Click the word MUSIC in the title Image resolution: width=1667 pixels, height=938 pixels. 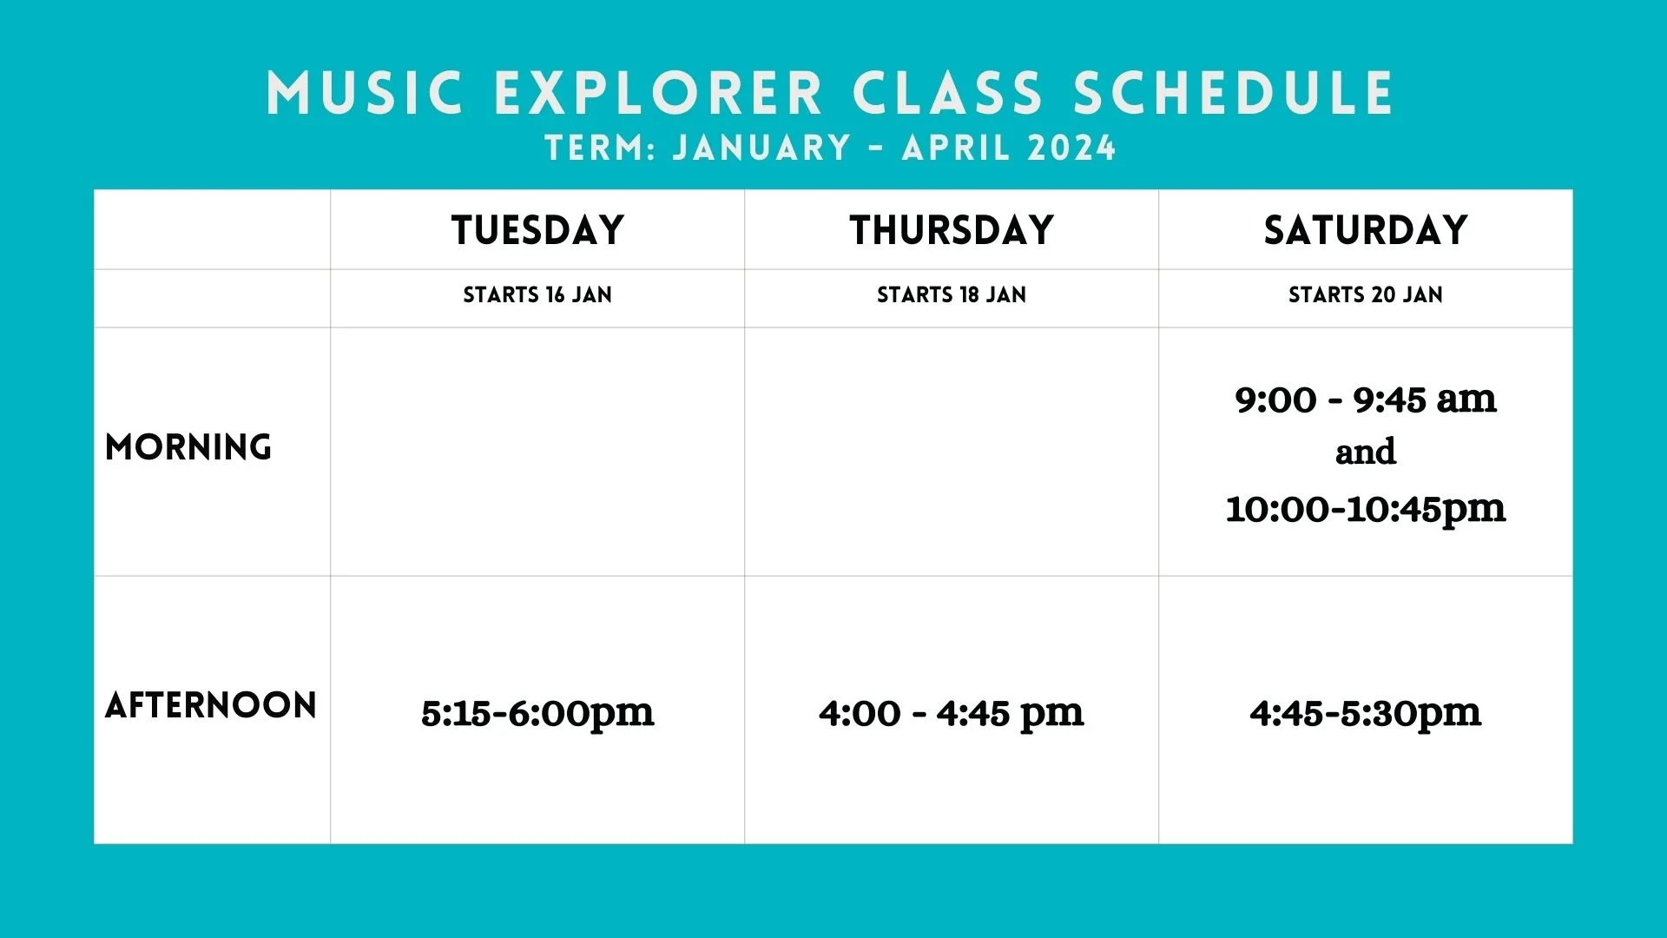[x=365, y=93]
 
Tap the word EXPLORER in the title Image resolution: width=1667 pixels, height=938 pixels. [x=658, y=93]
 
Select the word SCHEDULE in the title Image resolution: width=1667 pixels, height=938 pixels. [x=1234, y=93]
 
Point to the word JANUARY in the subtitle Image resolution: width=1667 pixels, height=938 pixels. [x=761, y=148]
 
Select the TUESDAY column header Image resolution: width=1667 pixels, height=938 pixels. [x=537, y=230]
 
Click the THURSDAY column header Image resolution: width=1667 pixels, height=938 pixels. [x=952, y=230]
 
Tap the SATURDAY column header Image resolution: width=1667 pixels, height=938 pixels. [x=1366, y=230]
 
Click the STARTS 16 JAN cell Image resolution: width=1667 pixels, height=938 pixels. [x=537, y=295]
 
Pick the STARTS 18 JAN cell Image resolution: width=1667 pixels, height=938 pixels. [x=952, y=295]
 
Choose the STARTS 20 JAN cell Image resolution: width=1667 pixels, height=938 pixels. [x=1366, y=295]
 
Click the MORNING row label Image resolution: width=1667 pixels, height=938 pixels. [x=188, y=447]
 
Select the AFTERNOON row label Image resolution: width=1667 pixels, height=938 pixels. [x=211, y=705]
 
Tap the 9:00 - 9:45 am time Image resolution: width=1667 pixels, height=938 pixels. [x=1366, y=400]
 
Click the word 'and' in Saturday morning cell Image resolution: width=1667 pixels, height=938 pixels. [x=1366, y=452]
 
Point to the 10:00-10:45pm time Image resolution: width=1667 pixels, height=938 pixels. [x=1366, y=509]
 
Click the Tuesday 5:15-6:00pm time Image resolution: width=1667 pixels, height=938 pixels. [x=537, y=714]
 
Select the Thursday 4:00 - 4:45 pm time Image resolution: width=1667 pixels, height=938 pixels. [x=952, y=714]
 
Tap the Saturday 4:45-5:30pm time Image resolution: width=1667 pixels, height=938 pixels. [x=1366, y=714]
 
